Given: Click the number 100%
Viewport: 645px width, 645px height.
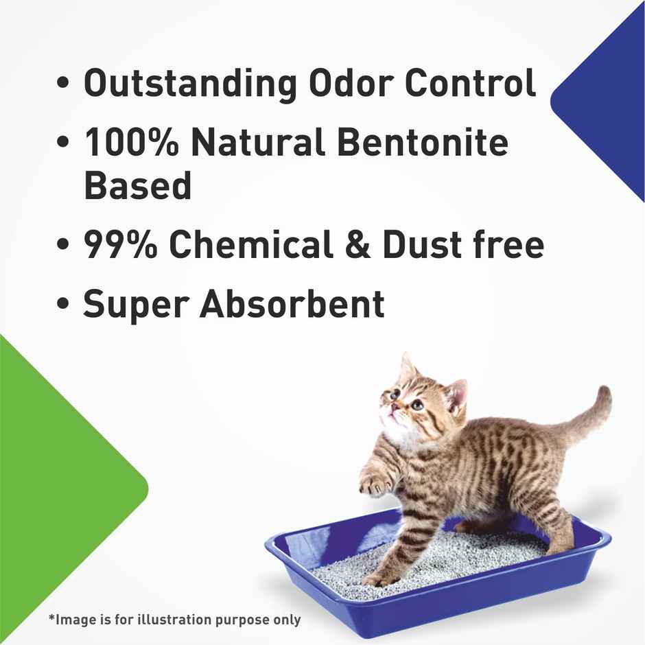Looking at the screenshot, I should point(130,144).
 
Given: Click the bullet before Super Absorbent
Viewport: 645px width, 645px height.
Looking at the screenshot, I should point(64,307).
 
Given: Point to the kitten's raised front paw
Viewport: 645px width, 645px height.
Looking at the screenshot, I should point(375,484).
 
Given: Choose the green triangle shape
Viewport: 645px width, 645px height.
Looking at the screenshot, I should point(55,480).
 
